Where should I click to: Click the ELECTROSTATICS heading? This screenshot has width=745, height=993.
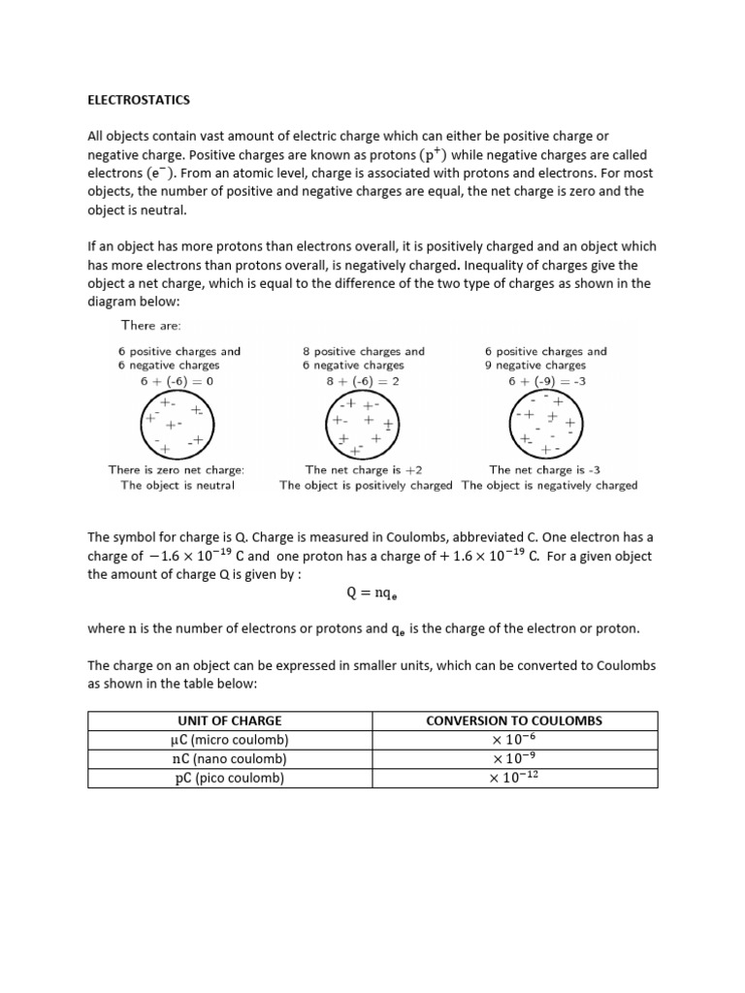click(x=140, y=99)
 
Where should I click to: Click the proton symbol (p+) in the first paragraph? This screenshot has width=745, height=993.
click(x=436, y=155)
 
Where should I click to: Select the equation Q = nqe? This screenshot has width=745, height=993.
click(x=372, y=593)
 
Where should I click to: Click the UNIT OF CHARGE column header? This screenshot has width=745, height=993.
click(x=230, y=721)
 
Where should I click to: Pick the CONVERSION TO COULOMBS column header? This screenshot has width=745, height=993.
click(x=514, y=721)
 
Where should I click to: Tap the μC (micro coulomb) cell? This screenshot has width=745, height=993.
click(x=230, y=740)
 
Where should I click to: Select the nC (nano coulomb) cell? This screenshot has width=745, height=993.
click(x=230, y=758)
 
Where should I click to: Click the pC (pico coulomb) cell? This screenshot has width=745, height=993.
click(x=230, y=778)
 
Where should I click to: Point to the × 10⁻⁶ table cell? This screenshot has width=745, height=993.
click(x=514, y=740)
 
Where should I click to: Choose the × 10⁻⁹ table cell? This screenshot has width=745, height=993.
click(x=514, y=758)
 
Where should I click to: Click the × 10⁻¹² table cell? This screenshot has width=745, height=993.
click(x=514, y=778)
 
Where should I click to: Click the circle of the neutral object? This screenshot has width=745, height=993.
click(x=176, y=425)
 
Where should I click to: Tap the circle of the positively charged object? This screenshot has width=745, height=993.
click(x=362, y=425)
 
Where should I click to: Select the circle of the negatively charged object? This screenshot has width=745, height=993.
click(x=546, y=425)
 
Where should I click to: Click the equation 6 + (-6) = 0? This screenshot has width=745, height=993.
click(x=177, y=381)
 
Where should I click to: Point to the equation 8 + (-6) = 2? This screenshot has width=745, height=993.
click(x=363, y=381)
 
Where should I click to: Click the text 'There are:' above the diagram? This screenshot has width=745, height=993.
click(x=150, y=326)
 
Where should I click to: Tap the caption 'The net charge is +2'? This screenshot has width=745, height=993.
click(x=364, y=469)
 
